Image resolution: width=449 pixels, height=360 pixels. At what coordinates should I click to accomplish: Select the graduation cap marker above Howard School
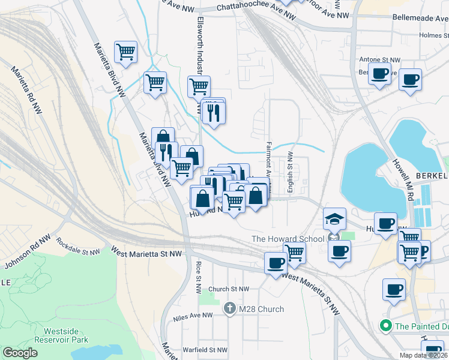[x=334, y=218]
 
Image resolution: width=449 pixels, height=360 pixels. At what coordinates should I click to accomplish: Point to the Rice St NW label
[x=198, y=277]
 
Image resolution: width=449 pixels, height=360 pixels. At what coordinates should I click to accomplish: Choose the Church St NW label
[x=228, y=289]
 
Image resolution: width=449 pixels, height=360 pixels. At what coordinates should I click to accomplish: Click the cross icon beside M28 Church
[x=229, y=309]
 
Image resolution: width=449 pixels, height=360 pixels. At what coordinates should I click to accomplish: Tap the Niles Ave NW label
[x=192, y=316]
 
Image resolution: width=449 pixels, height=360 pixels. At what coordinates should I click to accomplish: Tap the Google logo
[x=20, y=353]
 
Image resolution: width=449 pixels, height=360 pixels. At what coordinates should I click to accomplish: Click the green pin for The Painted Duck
[x=385, y=326]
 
